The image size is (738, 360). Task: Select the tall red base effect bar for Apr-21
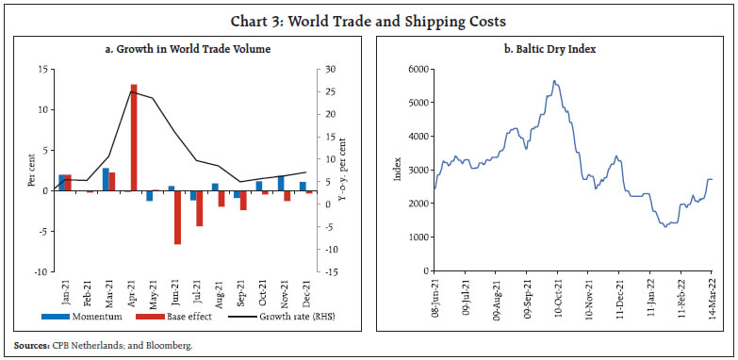pos(134,137)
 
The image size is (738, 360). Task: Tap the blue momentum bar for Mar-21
pos(106,179)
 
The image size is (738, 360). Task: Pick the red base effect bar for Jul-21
pos(200,208)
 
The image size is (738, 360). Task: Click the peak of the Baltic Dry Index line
pos(555,81)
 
